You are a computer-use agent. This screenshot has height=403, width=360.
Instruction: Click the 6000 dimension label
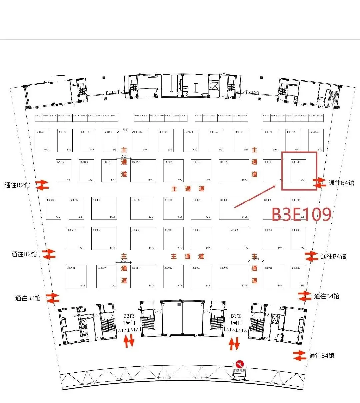pyautogui.click(x=125, y=130)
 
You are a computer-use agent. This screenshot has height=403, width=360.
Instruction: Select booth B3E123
pyautogui.click(x=234, y=171)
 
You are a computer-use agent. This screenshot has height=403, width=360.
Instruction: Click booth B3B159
pyautogui.click(x=63, y=171)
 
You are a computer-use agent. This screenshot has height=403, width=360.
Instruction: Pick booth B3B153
pyautogui.click(x=86, y=171)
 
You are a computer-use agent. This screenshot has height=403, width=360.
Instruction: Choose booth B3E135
pyautogui.click(x=201, y=171)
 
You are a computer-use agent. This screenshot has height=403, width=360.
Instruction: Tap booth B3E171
pyautogui.click(x=270, y=140)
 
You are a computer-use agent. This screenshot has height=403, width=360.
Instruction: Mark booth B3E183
pyautogui.click(x=316, y=140)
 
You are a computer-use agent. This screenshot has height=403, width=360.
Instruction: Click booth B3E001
pyautogui.click(x=201, y=276)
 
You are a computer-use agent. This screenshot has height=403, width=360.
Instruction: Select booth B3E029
pyautogui.click(x=298, y=276)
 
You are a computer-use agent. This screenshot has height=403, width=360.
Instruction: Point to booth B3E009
pyautogui.click(x=234, y=276)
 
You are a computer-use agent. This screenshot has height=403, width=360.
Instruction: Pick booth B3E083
pyautogui.click(x=234, y=208)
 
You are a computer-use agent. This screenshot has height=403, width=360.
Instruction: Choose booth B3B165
pyautogui.click(x=43, y=140)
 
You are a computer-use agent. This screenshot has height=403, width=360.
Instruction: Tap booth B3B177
pyautogui.click(x=88, y=140)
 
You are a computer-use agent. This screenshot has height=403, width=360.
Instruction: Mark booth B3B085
pyautogui.click(x=76, y=208)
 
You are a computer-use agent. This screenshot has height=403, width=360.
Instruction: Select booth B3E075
pyautogui.click(x=201, y=208)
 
